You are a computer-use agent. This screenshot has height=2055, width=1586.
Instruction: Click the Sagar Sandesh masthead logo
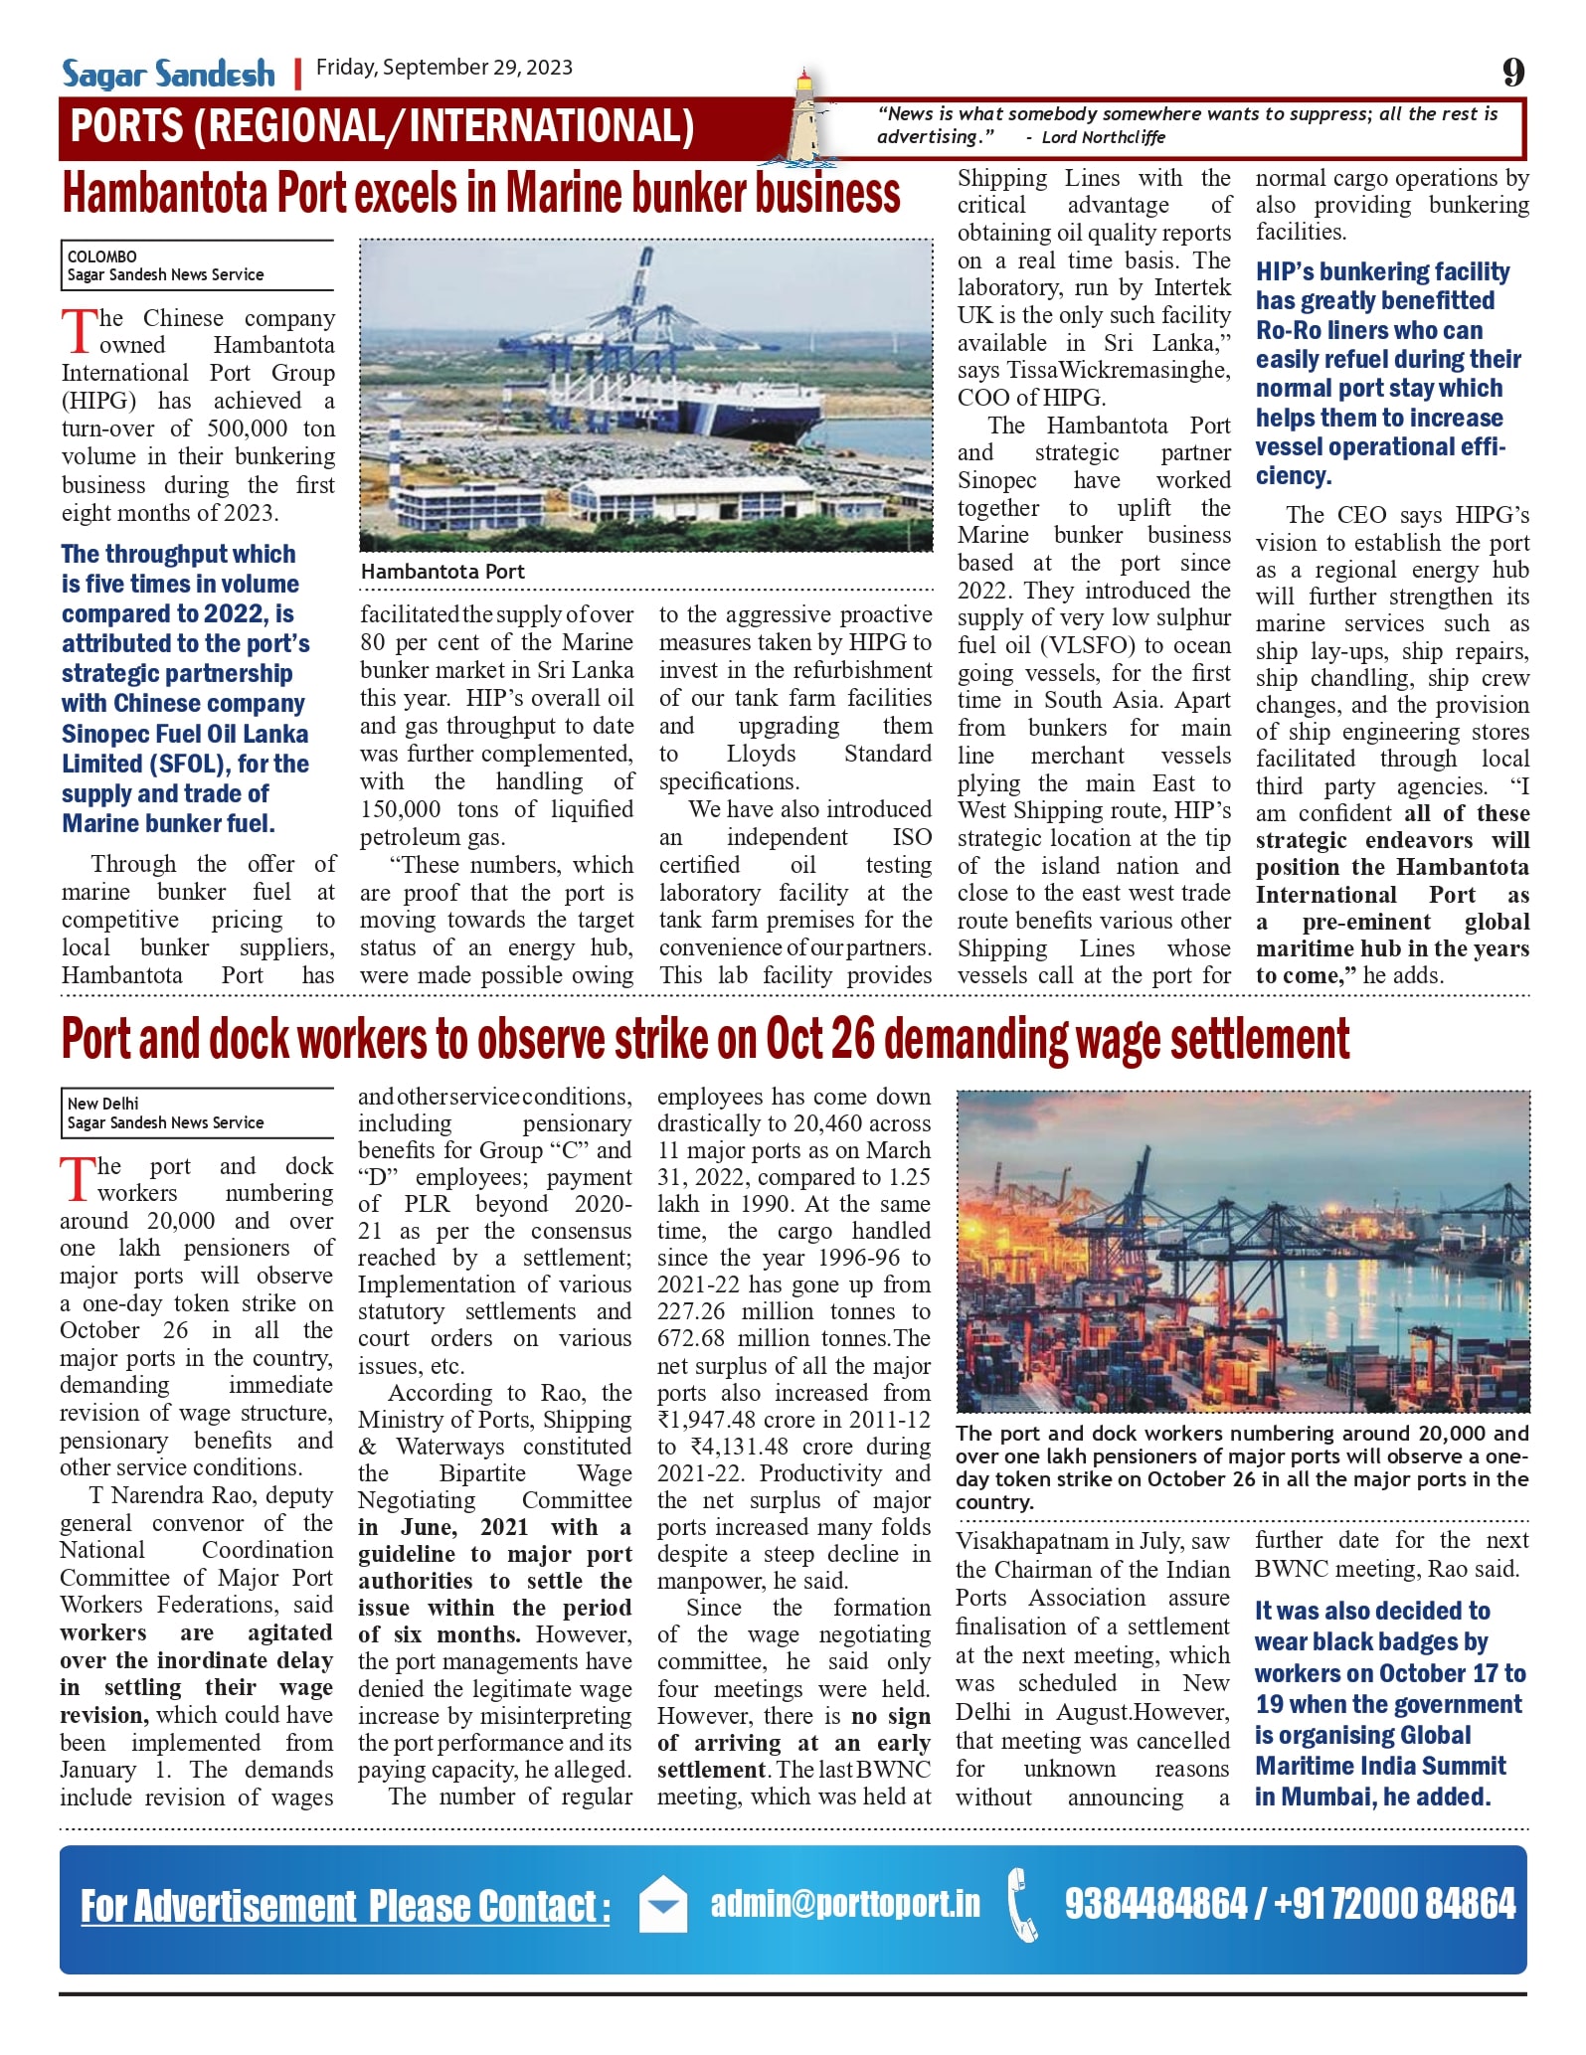[168, 74]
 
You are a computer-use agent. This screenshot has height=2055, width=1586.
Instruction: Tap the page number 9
[1512, 72]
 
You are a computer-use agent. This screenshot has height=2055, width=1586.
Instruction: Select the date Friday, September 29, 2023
[443, 68]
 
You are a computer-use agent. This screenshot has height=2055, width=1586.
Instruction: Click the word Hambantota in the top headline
[166, 193]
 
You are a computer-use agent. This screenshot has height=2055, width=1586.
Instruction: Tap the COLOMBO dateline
[102, 257]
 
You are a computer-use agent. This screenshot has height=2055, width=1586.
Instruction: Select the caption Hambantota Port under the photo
[442, 572]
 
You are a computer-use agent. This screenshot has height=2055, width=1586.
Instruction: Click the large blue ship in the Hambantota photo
[741, 403]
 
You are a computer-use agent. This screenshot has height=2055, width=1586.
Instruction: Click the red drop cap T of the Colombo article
[79, 330]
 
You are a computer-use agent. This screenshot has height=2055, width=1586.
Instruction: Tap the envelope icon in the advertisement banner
[662, 1904]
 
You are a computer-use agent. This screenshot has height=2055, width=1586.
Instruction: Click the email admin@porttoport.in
[845, 1904]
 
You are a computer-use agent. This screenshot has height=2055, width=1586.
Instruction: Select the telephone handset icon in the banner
[1023, 1904]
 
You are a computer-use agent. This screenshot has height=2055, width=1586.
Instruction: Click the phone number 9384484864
[1155, 1904]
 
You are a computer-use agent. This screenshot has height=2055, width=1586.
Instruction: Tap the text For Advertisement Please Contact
[344, 1906]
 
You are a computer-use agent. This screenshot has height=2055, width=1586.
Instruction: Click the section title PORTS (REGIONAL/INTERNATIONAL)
[382, 126]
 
